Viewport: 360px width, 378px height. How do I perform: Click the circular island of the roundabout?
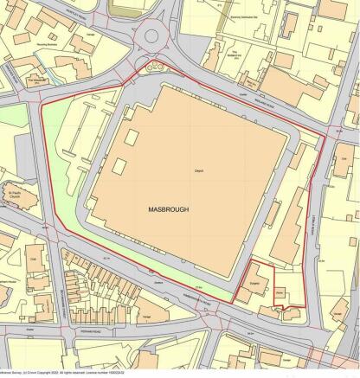click(155, 37)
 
